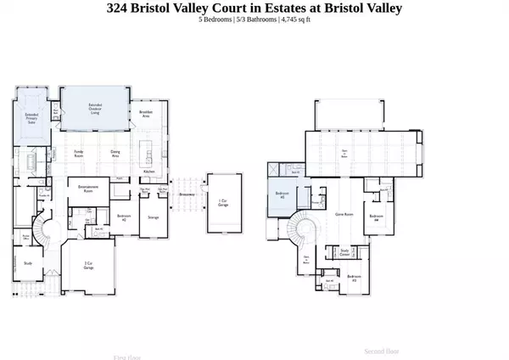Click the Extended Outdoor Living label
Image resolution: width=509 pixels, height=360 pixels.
(x=96, y=107)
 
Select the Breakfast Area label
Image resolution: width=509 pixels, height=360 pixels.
(x=146, y=116)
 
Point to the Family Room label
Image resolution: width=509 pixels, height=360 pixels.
(x=79, y=155)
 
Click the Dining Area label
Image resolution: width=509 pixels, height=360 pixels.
(x=115, y=155)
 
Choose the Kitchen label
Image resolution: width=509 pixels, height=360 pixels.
(x=149, y=172)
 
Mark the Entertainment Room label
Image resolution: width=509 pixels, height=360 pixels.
(x=89, y=188)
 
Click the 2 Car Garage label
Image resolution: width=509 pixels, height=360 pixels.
(x=88, y=265)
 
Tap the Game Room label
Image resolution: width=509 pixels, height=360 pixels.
(x=344, y=214)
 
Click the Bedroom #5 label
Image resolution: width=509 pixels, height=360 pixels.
(x=282, y=194)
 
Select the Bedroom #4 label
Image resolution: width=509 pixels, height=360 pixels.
(x=376, y=218)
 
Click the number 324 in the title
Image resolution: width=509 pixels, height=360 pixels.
(x=120, y=8)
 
